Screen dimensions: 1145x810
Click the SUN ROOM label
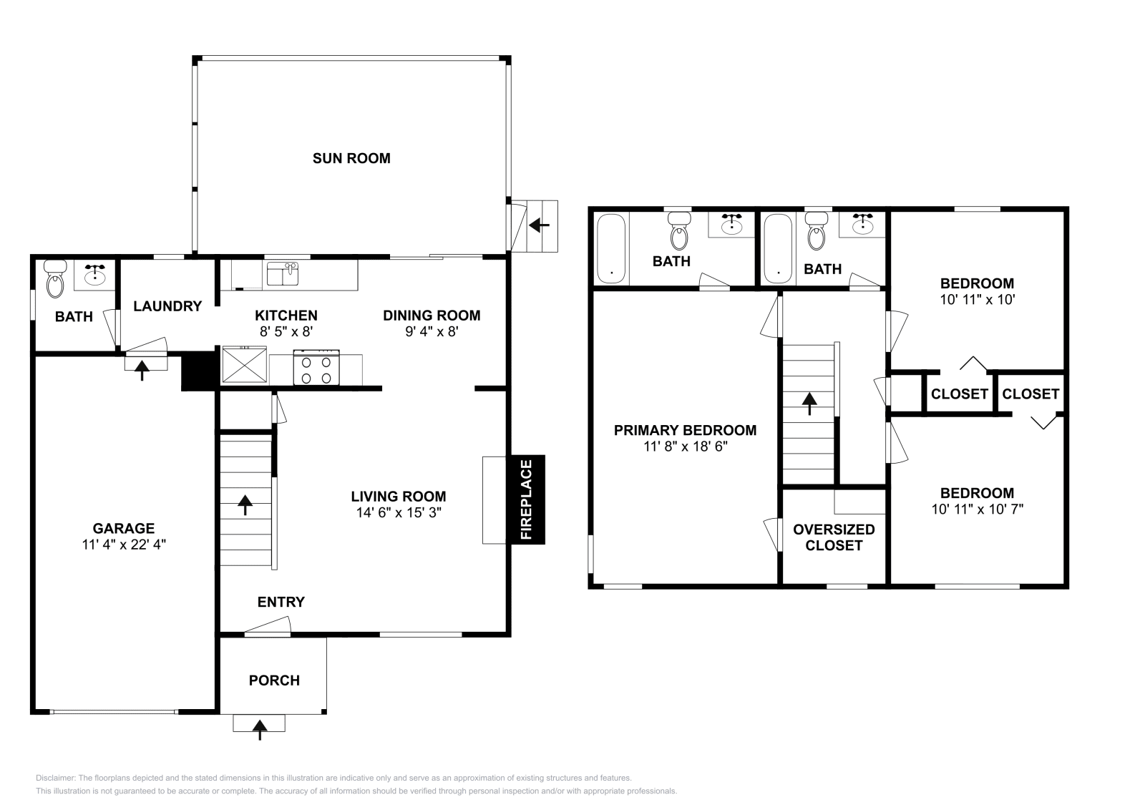[351, 158]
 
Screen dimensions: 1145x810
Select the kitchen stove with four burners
[316, 367]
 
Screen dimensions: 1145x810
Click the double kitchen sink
[283, 274]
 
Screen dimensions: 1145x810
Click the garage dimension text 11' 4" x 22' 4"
[125, 545]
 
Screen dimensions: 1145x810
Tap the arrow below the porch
[260, 730]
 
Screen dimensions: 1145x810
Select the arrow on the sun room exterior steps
[539, 225]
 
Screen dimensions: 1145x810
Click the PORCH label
[274, 680]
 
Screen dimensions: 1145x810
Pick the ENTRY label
[281, 602]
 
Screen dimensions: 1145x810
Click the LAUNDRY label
[167, 306]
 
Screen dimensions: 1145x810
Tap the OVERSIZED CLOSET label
[834, 537]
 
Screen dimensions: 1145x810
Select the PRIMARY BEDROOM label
[685, 430]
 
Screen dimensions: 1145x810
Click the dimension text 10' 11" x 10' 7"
[978, 509]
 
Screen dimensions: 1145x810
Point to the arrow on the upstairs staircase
[809, 404]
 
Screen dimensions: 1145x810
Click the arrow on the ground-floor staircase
[245, 505]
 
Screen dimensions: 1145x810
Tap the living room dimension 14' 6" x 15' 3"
[399, 512]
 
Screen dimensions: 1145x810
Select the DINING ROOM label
[432, 316]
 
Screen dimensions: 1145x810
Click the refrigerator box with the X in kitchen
[244, 364]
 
